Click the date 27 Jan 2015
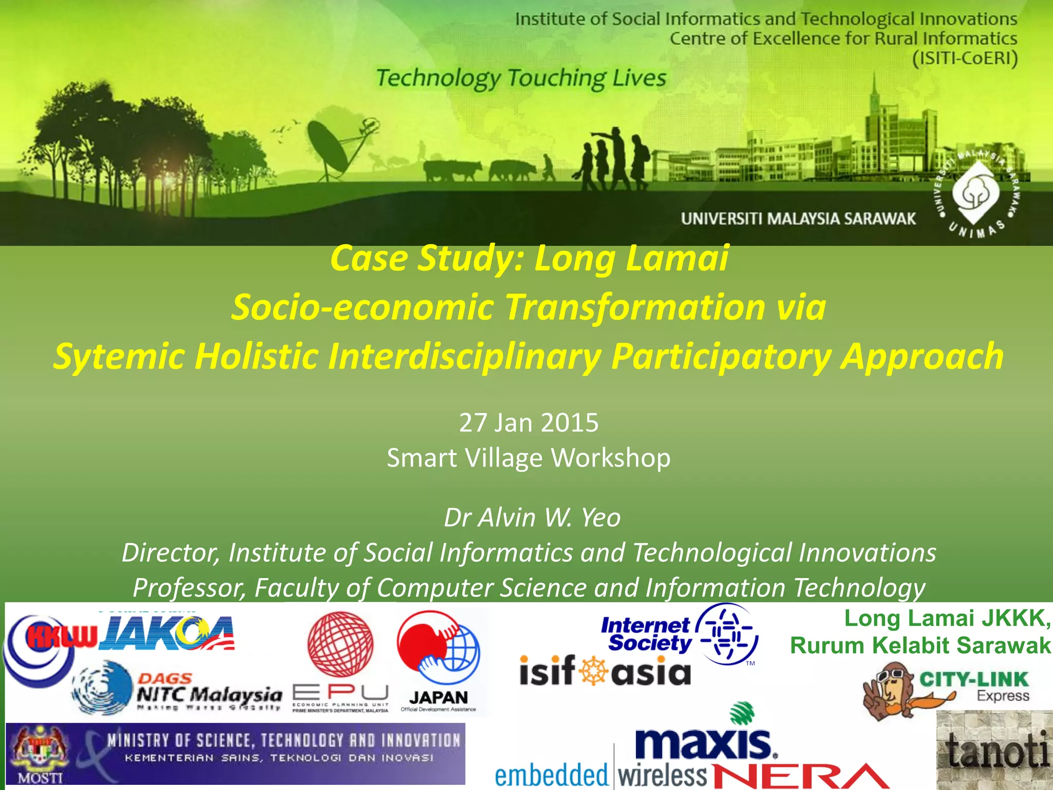click(529, 423)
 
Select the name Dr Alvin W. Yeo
click(532, 517)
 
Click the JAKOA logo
click(167, 634)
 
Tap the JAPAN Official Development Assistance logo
click(439, 661)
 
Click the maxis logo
click(704, 741)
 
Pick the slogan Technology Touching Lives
click(521, 78)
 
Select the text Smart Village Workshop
click(529, 458)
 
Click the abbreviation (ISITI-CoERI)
click(965, 58)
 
